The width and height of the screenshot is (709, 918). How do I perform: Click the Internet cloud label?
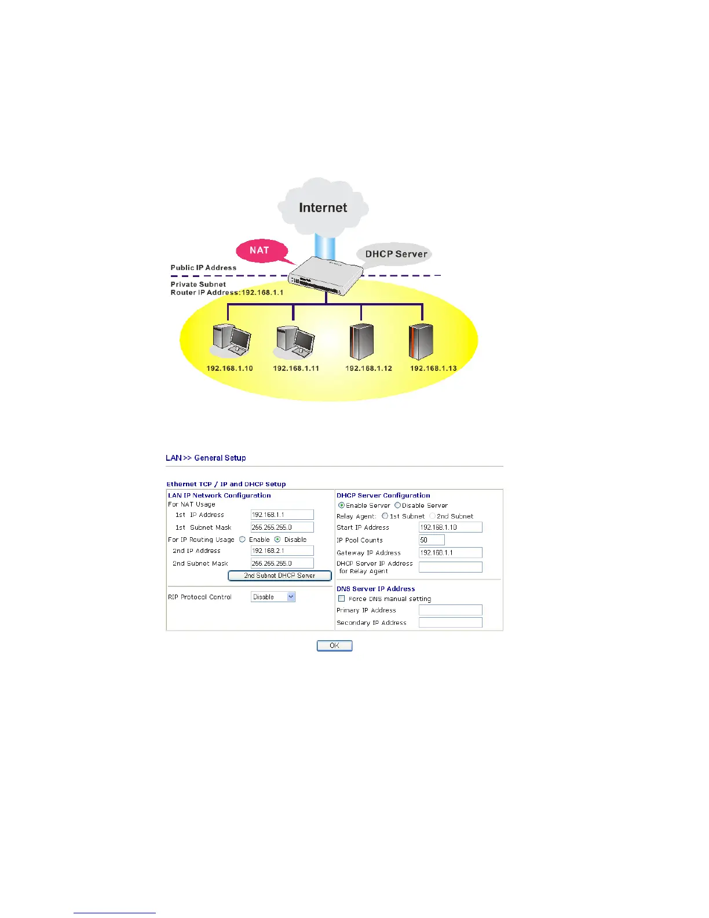323,207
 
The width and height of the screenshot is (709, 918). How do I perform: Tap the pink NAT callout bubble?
260,250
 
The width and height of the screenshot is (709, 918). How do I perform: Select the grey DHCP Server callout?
396,254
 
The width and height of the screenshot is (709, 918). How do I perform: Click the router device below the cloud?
326,275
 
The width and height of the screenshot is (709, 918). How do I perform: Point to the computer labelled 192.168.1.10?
231,340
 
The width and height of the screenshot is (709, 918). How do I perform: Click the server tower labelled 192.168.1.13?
422,341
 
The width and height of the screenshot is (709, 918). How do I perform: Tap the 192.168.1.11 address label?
296,369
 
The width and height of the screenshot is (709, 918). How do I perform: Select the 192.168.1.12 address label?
368,369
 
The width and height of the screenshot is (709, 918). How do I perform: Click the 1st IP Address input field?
282,515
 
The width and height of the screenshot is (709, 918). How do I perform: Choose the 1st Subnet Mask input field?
282,527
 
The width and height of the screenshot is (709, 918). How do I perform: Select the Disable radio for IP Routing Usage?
277,540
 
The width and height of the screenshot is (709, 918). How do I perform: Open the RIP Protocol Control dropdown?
273,597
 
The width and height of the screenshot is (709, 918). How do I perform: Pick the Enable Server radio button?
342,505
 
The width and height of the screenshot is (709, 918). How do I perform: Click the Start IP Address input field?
450,527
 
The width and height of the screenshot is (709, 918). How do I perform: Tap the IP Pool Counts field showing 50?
432,540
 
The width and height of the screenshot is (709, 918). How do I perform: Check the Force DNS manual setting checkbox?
342,599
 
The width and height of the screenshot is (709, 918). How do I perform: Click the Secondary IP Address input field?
450,622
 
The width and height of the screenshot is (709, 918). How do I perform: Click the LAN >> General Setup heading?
206,458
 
